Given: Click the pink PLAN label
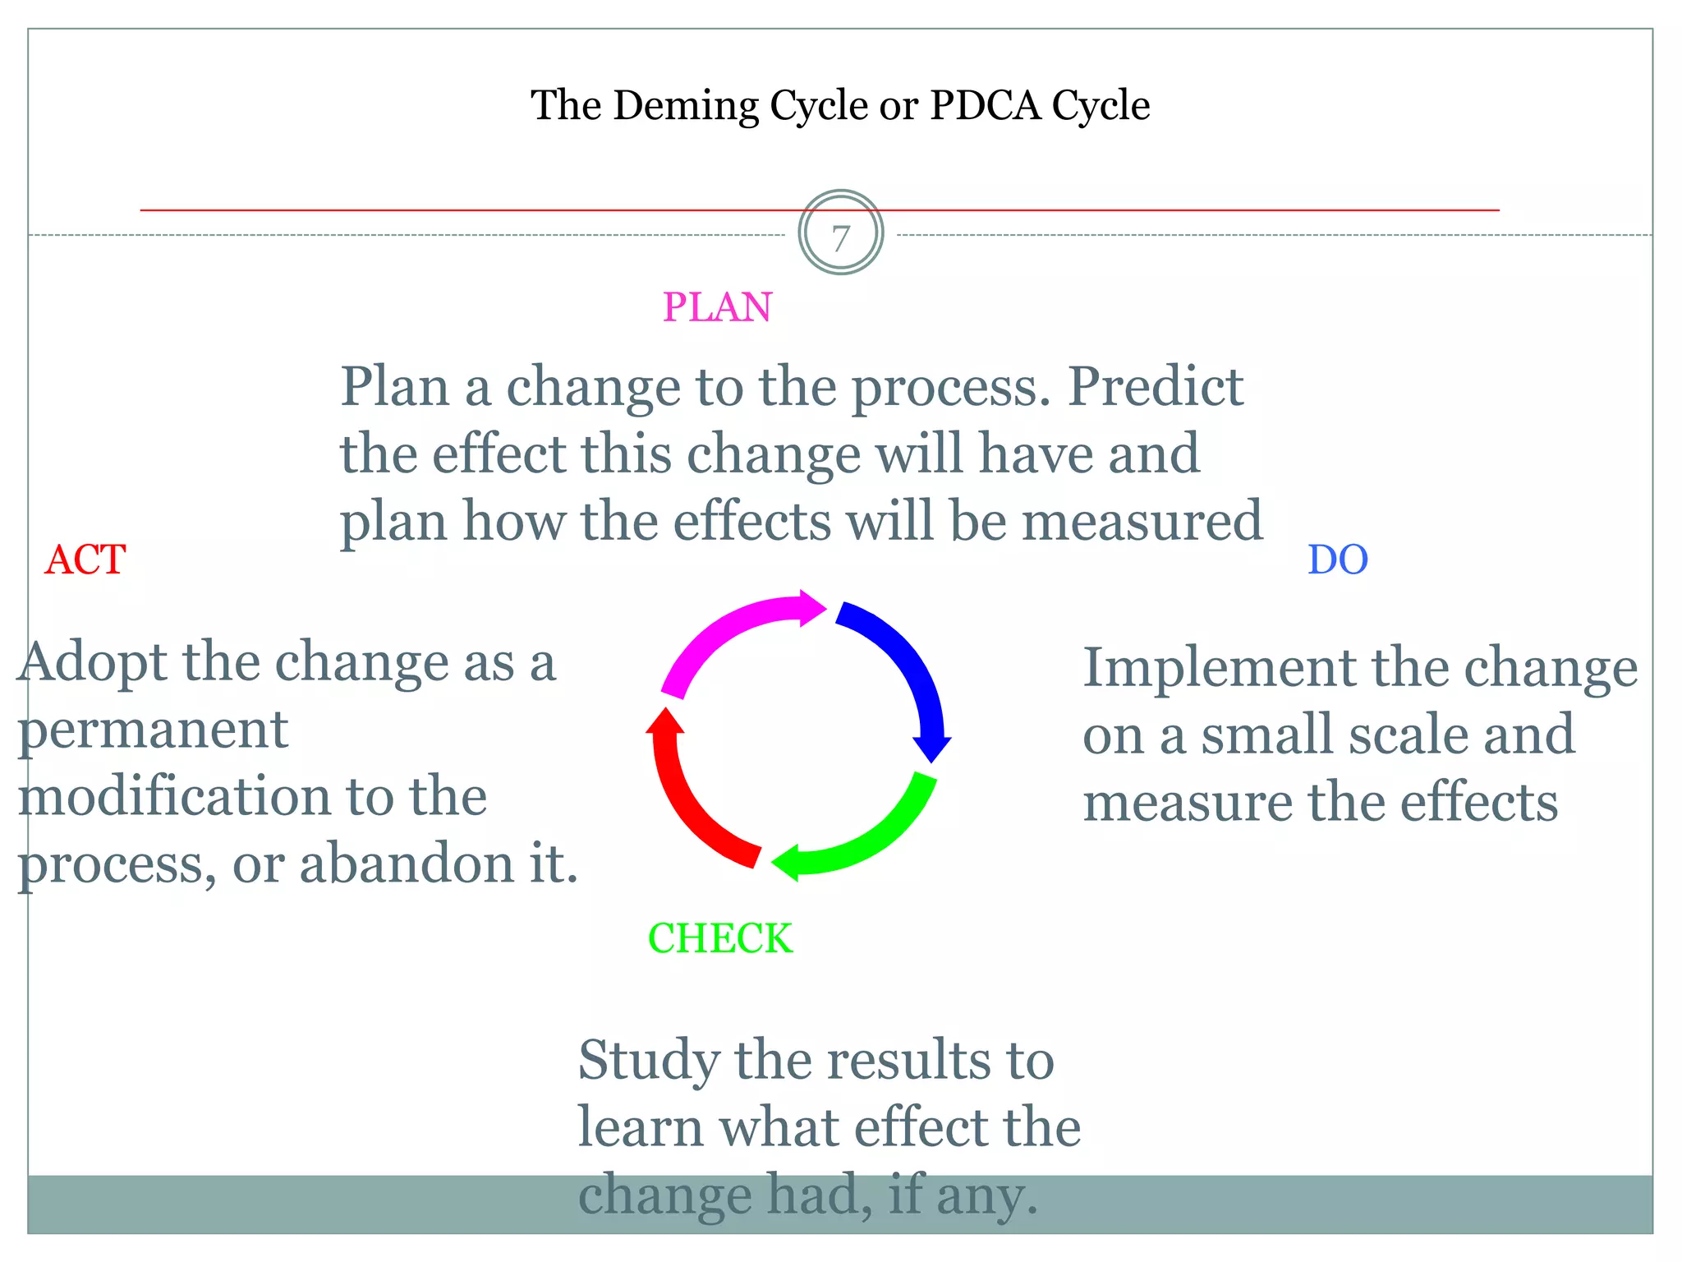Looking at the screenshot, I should point(717,307).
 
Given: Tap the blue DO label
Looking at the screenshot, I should point(1337,560).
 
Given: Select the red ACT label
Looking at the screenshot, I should point(85,560).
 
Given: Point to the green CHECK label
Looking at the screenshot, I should point(720,938).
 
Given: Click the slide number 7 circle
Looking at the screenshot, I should point(840,233).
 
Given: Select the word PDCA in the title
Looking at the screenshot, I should point(984,106).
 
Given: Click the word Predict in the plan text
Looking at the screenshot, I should point(1155,386).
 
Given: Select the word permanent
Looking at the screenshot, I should point(154,730).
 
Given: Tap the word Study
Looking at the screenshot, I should point(647,1062).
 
